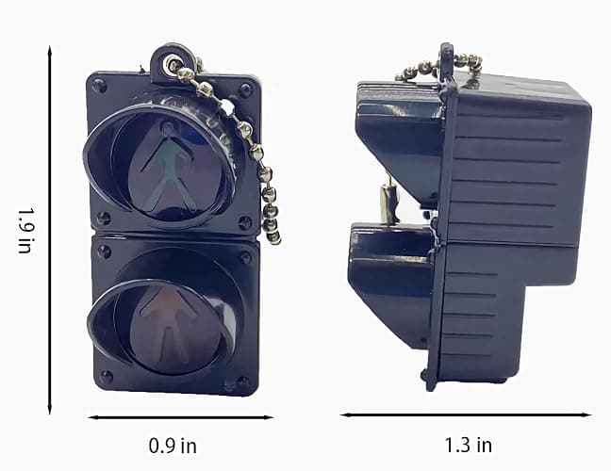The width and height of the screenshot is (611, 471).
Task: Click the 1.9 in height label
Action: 25,231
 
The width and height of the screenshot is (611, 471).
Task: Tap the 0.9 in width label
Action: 173,446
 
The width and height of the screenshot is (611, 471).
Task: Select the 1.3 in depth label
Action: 469,445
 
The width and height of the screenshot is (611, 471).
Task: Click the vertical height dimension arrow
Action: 49,230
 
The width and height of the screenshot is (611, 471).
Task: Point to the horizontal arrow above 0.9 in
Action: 181,417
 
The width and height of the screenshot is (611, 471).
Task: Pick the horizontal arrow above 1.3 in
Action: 466,414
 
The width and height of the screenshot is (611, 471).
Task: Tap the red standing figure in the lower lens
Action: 168,325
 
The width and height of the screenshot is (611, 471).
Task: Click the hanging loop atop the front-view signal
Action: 170,62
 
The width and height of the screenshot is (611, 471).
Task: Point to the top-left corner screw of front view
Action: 98,85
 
